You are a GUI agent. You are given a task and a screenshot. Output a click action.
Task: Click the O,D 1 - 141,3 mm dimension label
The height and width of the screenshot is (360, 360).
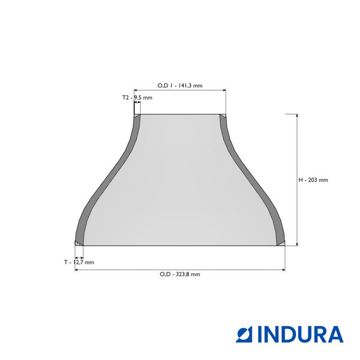(180, 85)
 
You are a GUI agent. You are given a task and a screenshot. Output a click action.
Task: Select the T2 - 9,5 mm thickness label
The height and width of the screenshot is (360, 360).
(137, 97)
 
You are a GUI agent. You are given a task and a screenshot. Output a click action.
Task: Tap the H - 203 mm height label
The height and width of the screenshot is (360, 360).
(313, 180)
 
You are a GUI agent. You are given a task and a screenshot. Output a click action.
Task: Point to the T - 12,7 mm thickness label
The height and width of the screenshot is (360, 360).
(79, 262)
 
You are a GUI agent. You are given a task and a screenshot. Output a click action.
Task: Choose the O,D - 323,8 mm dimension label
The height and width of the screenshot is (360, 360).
(180, 274)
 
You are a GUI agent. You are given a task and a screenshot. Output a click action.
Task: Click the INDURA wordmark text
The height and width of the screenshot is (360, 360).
(300, 334)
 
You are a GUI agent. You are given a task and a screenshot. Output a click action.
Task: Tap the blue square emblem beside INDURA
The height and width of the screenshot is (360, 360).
(244, 334)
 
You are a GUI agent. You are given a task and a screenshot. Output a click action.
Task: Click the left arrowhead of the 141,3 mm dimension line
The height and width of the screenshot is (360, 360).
(136, 90)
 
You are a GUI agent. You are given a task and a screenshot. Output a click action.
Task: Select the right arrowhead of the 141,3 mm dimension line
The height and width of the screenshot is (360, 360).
(224, 90)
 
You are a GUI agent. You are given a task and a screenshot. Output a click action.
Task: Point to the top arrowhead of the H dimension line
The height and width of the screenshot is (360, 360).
(297, 115)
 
